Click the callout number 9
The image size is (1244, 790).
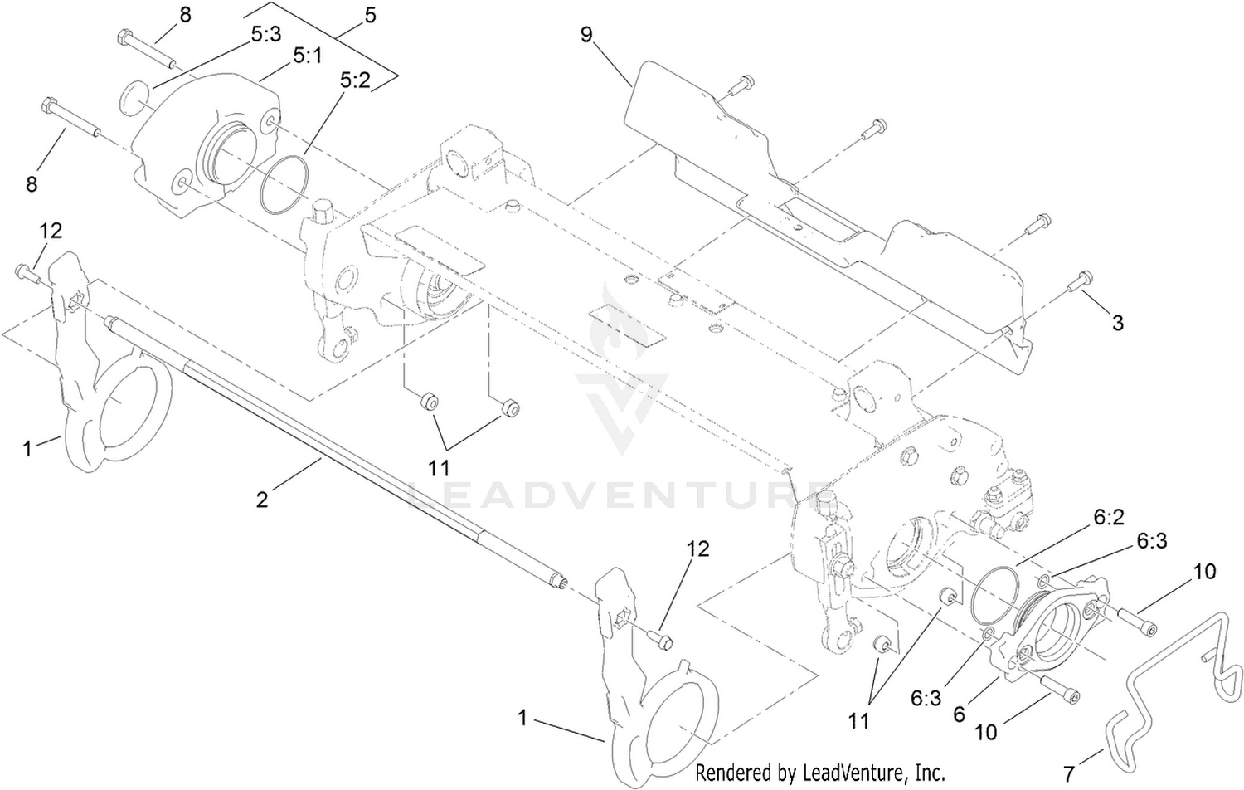coord(586,35)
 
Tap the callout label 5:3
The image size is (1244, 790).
coord(266,35)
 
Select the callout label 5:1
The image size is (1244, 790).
coord(307,56)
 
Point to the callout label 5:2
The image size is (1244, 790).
coord(356,81)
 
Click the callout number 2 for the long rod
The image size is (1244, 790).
coord(262,500)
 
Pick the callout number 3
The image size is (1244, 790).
coord(1118,323)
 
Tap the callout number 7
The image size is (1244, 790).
coord(1069,773)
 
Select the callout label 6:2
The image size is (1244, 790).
coord(1109,517)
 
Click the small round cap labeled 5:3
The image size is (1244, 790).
coord(134,98)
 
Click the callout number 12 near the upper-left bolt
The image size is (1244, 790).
coord(51,231)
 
